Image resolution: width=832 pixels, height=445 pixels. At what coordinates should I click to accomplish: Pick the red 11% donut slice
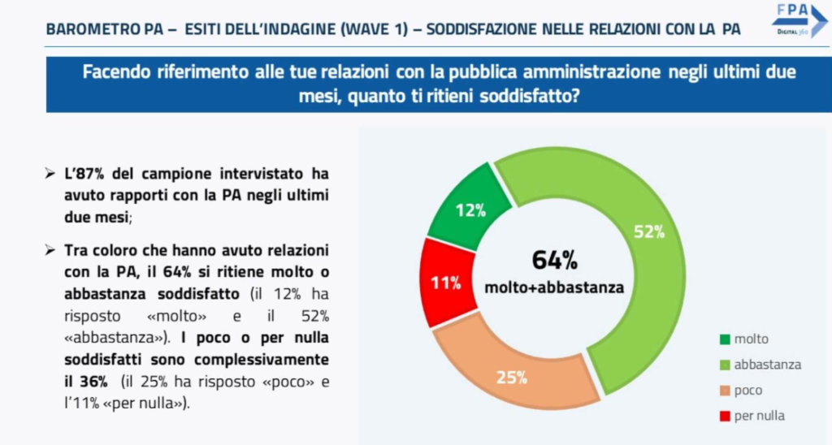pos(446,283)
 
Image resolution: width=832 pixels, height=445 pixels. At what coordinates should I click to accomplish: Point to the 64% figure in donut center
pos(554,260)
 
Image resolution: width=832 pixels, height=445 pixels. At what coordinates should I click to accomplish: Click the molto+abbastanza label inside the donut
pos(554,287)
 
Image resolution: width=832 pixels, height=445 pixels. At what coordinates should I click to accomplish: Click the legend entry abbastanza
pos(767,365)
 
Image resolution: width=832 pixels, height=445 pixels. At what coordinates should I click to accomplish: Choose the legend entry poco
pos(747,390)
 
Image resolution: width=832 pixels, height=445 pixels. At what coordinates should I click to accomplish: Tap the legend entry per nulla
pos(759,416)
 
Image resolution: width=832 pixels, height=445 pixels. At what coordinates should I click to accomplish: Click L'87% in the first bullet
pos(85,174)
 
